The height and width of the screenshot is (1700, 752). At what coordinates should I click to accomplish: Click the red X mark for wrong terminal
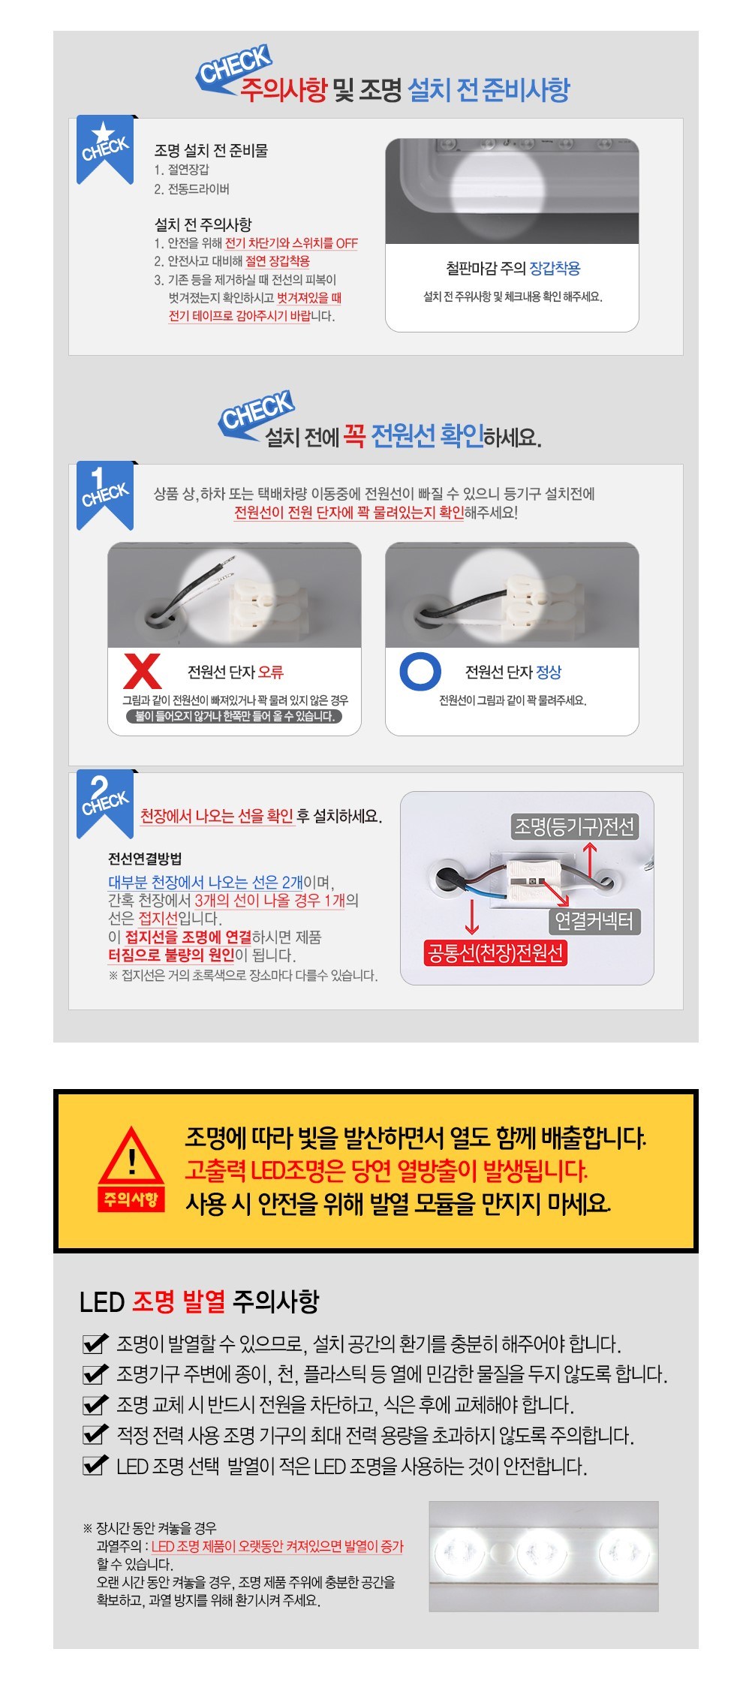pos(142,671)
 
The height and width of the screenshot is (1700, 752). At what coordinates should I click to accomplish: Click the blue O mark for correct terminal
pos(420,671)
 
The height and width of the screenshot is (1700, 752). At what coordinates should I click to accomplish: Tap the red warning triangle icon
pos(131,1156)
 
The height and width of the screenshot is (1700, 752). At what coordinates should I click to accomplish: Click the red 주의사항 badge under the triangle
pos(131,1199)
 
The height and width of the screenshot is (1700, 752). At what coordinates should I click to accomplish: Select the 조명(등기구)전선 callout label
pos(574,827)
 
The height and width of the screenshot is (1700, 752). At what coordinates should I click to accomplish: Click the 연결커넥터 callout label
pos(594,920)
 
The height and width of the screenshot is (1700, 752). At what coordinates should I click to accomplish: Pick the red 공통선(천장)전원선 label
pos(495,953)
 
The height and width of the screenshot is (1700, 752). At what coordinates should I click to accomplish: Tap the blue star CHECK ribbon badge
pos(105,149)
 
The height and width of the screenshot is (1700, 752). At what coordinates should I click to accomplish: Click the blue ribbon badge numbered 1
pos(105,495)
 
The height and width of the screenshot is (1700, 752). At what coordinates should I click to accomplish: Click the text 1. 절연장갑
pos(182,170)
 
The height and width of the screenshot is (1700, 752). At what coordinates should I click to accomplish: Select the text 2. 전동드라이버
pos(192,189)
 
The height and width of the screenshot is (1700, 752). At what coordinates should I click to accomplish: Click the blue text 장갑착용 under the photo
pos(555,268)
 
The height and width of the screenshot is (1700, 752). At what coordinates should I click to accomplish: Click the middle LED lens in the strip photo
pos(541,1551)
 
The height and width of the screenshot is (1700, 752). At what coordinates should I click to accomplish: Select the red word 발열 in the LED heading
pos(203,1301)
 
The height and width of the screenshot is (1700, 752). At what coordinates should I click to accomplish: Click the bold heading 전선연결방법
pos(145,859)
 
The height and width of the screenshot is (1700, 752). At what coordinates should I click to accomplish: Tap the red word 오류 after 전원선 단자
pos(271,672)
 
